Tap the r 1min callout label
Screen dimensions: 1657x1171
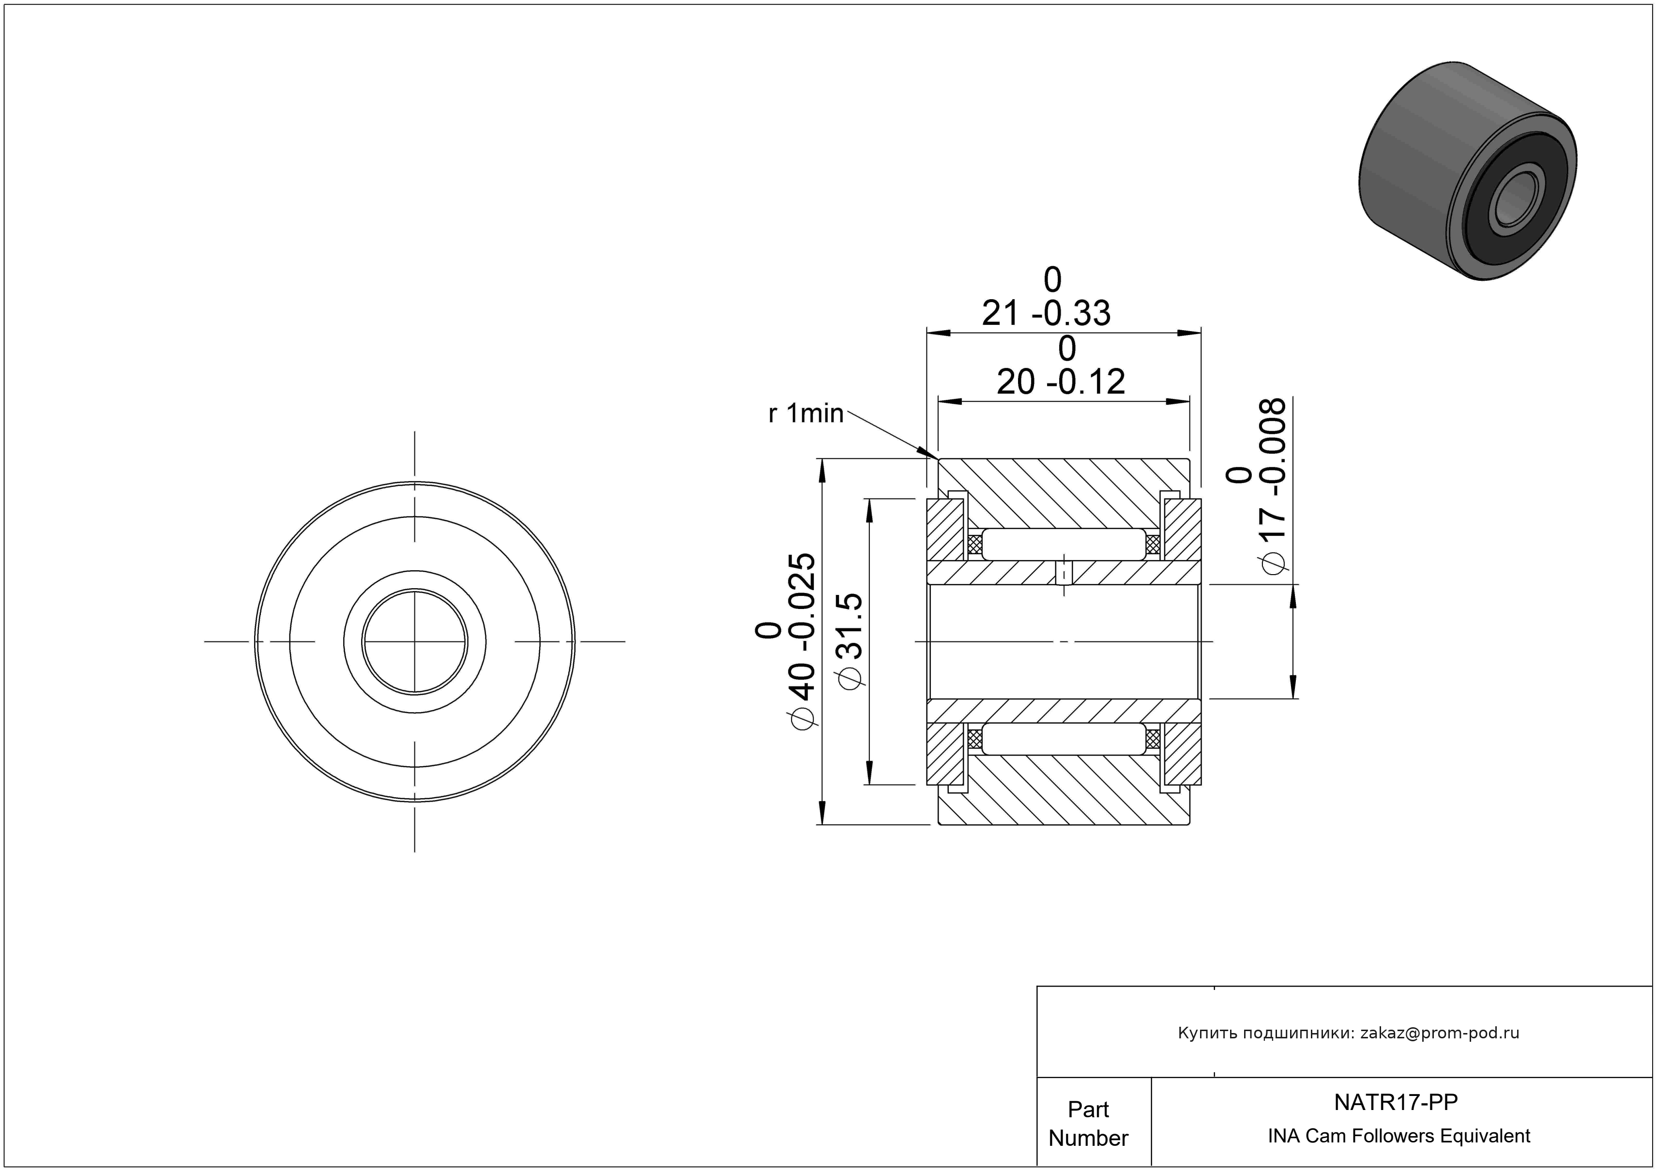806,413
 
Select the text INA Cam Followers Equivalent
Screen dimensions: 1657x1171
1399,1136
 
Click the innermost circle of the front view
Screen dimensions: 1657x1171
414,641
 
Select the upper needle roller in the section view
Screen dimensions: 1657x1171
1064,544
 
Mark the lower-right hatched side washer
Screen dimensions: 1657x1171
1182,753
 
